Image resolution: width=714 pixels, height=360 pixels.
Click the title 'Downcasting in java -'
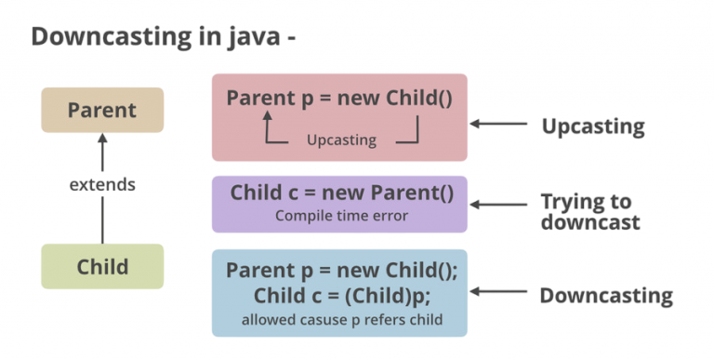click(x=164, y=37)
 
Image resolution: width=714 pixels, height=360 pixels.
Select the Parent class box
click(x=102, y=110)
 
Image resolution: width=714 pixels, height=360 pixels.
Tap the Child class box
click(x=102, y=267)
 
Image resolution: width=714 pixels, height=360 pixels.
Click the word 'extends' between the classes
click(x=102, y=184)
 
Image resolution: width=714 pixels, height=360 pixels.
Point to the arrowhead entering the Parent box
click(x=102, y=139)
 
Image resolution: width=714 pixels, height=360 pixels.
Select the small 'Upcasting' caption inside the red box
click(x=341, y=140)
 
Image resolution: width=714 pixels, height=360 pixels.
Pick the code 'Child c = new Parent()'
click(x=341, y=193)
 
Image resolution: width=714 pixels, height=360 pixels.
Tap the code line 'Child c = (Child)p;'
click(x=339, y=297)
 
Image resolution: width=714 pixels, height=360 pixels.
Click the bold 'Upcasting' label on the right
click(x=593, y=125)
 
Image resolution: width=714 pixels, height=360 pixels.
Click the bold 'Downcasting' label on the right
click(x=606, y=296)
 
